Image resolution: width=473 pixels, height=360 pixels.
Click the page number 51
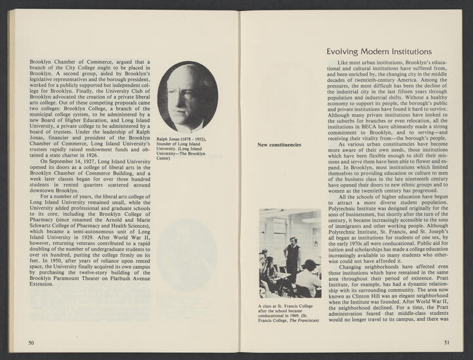[447, 342]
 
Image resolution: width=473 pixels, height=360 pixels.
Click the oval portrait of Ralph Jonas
[187, 97]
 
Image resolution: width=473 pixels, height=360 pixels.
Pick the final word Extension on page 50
[43, 284]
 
